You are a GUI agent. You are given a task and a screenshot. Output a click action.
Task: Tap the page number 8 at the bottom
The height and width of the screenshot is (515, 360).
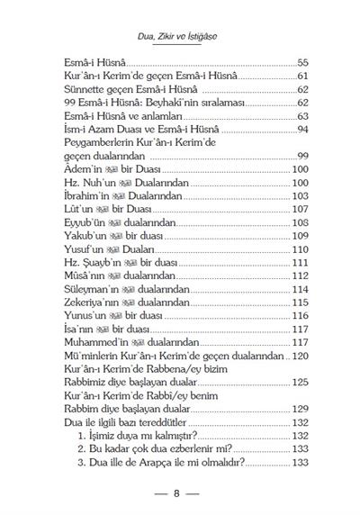point(180,493)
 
